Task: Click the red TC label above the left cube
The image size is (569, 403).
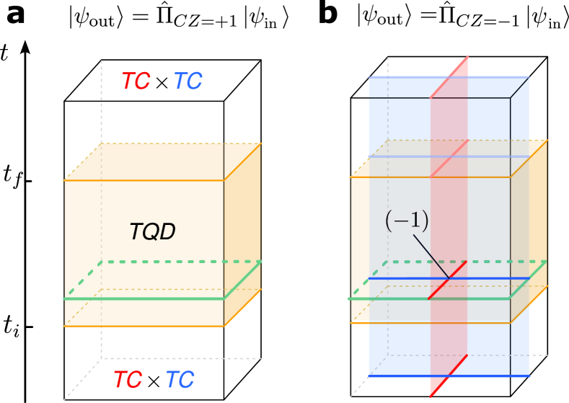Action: (x=136, y=81)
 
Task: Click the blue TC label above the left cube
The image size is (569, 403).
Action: (x=188, y=81)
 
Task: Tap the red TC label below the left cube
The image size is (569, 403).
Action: (x=128, y=379)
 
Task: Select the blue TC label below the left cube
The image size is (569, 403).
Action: (x=180, y=379)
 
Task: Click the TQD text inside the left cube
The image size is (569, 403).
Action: (x=152, y=231)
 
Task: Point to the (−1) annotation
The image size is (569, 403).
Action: (x=407, y=221)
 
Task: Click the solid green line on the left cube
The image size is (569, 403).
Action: (x=144, y=298)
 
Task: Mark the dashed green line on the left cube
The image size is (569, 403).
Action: (x=180, y=262)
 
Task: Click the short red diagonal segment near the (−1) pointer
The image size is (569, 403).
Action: (x=448, y=280)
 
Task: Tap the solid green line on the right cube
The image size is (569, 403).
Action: (x=389, y=298)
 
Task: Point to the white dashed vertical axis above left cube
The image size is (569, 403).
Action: (x=101, y=101)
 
